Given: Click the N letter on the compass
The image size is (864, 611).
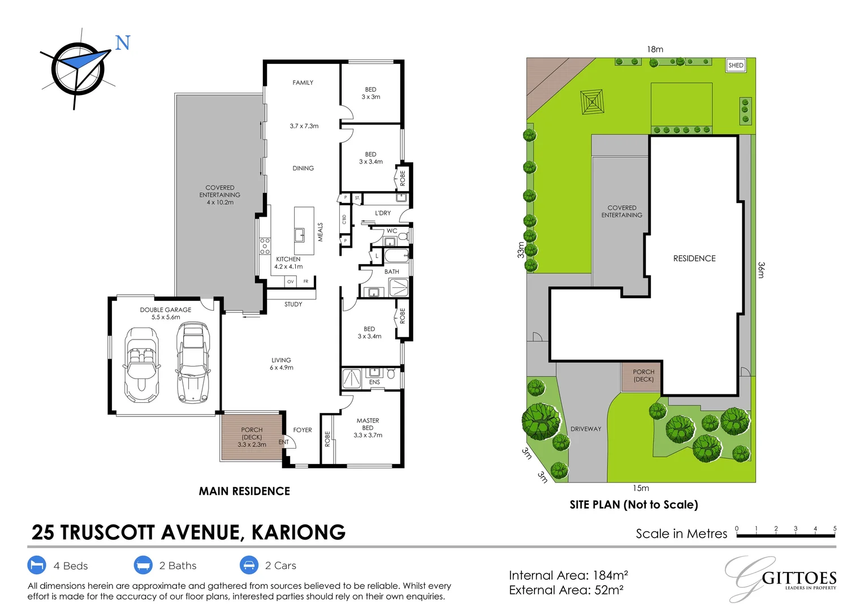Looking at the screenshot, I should tap(123, 43).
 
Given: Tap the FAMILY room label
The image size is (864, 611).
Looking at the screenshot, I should tap(303, 83).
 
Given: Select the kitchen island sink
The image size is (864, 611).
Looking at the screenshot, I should tap(299, 235).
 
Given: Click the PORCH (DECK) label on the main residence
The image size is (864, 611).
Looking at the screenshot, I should tap(252, 437).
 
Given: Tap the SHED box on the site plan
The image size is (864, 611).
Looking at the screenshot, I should tap(736, 65).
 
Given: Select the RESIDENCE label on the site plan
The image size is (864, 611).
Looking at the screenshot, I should tap(694, 259).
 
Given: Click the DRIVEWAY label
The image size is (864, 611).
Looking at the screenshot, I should tap(586, 429).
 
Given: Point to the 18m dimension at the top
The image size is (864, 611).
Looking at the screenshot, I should tap(655, 49).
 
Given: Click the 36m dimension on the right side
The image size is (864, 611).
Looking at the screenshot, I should tap(761, 270).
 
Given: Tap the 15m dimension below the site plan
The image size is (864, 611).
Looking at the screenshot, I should tap(641, 488).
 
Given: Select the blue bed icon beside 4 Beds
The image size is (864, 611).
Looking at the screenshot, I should tap(37, 565).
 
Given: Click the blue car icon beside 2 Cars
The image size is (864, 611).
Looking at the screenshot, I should tap(249, 565).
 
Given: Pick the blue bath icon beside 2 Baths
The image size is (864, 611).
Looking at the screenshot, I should tap(143, 565).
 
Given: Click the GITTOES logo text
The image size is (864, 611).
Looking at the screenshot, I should tap(798, 578).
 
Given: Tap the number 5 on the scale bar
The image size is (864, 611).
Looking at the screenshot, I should tap(835, 528).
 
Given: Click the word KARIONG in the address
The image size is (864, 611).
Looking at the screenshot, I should tap(298, 532).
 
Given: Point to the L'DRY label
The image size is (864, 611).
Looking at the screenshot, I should tap(383, 213).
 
